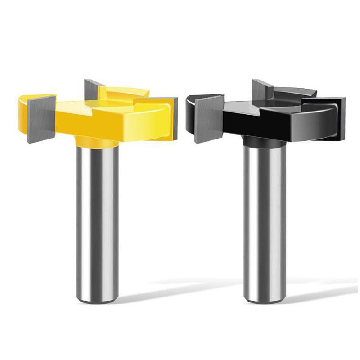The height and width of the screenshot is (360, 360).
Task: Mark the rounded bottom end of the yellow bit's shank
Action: [95, 297]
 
